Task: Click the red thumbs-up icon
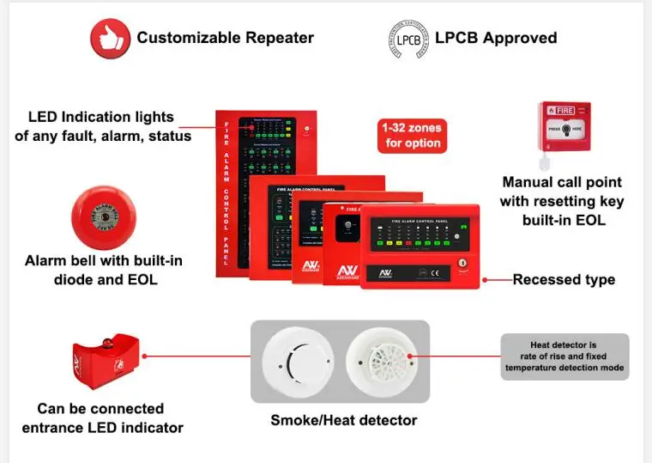click(x=109, y=38)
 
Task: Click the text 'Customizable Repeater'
click(x=225, y=38)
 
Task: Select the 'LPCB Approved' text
click(x=496, y=38)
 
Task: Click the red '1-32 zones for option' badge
click(x=412, y=136)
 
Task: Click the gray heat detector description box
click(x=564, y=357)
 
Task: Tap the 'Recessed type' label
click(x=564, y=280)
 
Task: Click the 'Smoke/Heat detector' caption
click(x=343, y=420)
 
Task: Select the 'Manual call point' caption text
click(x=562, y=201)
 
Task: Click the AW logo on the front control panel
click(x=381, y=274)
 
